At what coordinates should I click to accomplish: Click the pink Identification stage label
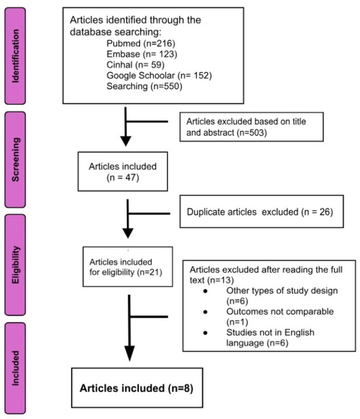click(x=15, y=56)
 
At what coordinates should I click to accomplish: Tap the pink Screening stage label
click(x=15, y=160)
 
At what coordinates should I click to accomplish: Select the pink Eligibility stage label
click(x=15, y=264)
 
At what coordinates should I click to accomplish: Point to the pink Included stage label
click(x=15, y=368)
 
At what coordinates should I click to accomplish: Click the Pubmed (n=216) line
click(x=141, y=43)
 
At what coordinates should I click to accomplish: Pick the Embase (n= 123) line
click(x=142, y=54)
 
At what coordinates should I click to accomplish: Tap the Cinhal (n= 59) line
click(x=135, y=65)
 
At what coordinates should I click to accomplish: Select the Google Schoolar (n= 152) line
click(x=159, y=75)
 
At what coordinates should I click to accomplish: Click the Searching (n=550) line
click(x=144, y=86)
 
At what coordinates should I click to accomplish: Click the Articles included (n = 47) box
click(x=123, y=172)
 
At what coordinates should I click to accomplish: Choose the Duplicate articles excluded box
click(x=262, y=211)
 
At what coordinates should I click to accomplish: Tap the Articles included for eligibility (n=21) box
click(x=128, y=266)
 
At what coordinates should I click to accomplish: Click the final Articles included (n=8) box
click(x=137, y=388)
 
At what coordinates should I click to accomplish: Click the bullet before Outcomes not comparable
click(x=206, y=312)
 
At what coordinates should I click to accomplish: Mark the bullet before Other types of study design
click(x=206, y=291)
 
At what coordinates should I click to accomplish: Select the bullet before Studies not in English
click(x=206, y=333)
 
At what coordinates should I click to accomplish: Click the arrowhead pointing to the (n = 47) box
click(x=126, y=141)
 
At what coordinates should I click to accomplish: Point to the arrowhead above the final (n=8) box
click(x=130, y=354)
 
